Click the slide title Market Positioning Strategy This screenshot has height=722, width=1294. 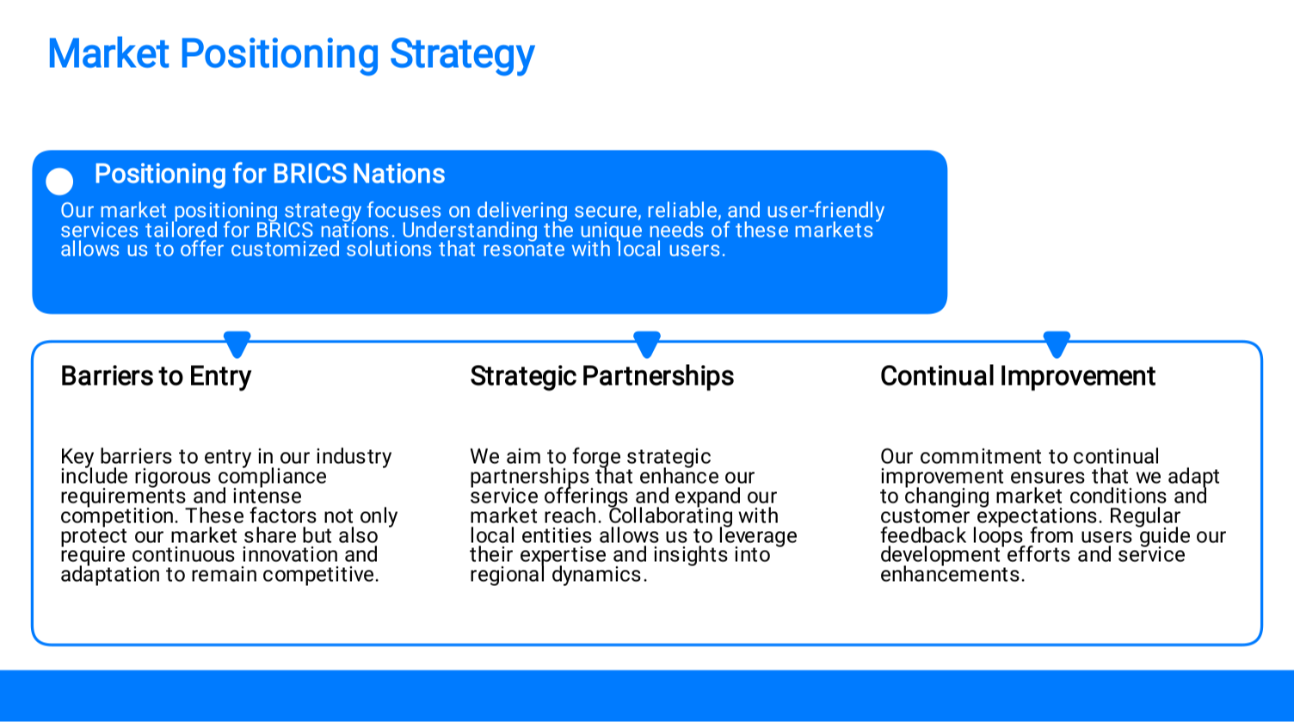(x=291, y=55)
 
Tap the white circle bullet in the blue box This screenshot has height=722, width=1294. (x=59, y=182)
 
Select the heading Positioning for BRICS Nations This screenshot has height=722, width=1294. (x=270, y=174)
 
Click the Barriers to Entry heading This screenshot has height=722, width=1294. (x=156, y=377)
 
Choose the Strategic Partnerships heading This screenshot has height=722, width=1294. (x=602, y=377)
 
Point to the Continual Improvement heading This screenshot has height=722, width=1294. (x=1018, y=376)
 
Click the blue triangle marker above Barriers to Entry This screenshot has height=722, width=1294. (x=237, y=344)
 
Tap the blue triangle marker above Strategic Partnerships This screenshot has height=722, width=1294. (x=647, y=344)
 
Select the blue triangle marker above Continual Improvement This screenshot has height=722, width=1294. (x=1057, y=344)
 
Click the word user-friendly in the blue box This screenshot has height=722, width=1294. (x=825, y=211)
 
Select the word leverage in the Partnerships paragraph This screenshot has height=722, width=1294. (x=759, y=536)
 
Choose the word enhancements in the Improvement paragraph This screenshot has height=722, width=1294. (x=952, y=575)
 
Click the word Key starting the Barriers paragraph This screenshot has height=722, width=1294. (x=77, y=457)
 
